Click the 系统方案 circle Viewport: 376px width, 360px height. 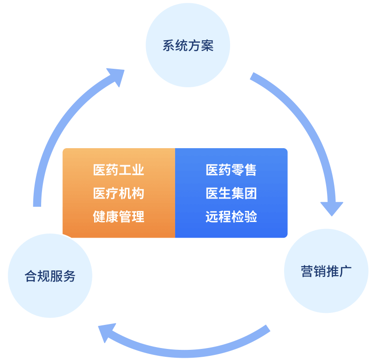tap(188, 45)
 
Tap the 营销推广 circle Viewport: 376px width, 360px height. tap(326, 271)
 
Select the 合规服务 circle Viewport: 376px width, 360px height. tap(50, 276)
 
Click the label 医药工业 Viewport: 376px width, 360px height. tap(119, 170)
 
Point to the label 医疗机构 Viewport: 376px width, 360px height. tap(119, 193)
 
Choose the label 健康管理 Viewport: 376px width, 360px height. tap(119, 216)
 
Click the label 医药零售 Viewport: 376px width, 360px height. tap(231, 170)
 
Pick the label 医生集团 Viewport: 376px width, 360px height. tap(231, 193)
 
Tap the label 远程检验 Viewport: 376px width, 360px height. tap(231, 216)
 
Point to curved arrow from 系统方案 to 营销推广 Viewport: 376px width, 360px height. tap(305, 120)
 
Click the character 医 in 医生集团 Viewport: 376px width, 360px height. tap(212, 193)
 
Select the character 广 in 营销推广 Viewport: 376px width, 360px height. tap(346, 271)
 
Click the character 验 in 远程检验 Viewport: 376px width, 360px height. tap(250, 216)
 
